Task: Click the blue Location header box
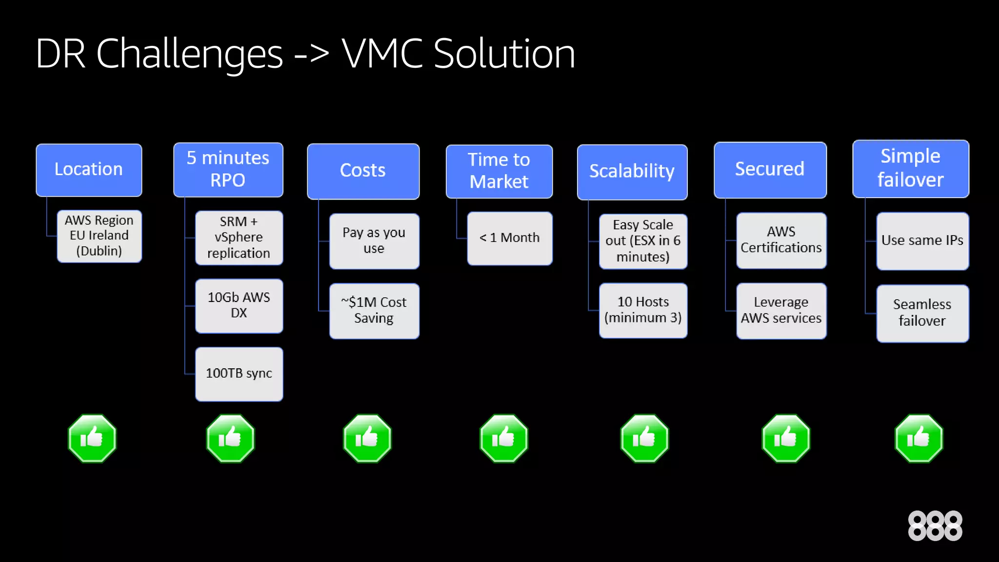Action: (x=89, y=170)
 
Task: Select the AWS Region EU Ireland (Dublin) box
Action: (x=99, y=236)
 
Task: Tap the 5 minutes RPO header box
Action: (x=228, y=169)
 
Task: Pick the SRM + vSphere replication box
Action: (x=239, y=238)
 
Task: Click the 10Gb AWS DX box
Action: (x=239, y=305)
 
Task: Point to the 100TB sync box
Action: (x=239, y=374)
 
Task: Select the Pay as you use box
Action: (x=374, y=241)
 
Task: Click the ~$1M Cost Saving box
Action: (x=374, y=311)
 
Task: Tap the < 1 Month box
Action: (x=509, y=238)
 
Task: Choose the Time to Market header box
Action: (x=499, y=171)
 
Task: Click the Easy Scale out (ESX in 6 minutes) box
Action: (x=642, y=241)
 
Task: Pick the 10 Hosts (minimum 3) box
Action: (x=642, y=310)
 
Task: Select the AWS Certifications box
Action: (x=781, y=240)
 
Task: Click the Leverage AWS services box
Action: (x=781, y=310)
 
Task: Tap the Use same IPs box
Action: (x=922, y=241)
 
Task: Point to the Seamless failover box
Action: (x=922, y=313)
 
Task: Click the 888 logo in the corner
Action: (x=935, y=526)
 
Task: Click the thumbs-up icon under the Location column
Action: (x=92, y=438)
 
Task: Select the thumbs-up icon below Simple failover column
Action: (x=919, y=438)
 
